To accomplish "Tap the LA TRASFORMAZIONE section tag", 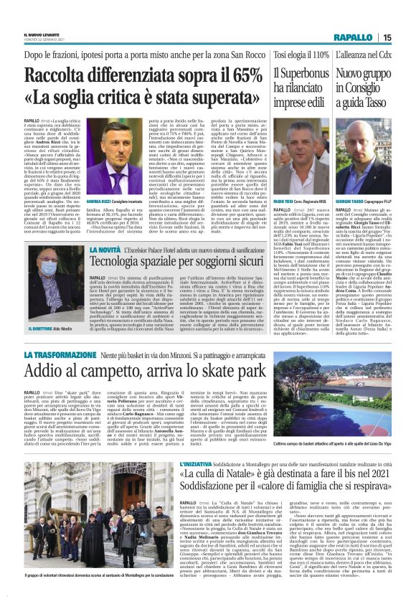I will [57, 354].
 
